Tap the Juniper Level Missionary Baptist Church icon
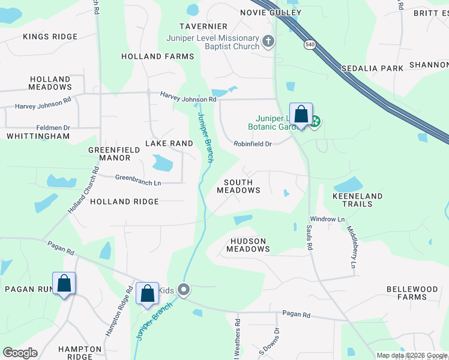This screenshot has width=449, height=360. [268, 41]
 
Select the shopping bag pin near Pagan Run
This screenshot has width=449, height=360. [64, 284]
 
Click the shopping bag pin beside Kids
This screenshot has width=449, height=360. [147, 294]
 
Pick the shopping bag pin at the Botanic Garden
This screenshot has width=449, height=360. [301, 114]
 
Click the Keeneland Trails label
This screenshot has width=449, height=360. [357, 200]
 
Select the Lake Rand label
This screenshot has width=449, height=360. [169, 143]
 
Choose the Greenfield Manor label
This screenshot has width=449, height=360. [109, 154]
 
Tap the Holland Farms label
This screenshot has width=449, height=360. [158, 56]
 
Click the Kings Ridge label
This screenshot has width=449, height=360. [50, 37]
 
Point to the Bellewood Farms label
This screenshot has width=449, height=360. [412, 293]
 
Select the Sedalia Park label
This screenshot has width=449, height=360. [372, 68]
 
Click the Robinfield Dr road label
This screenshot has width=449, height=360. [253, 144]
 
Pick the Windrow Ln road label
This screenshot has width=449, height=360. [327, 220]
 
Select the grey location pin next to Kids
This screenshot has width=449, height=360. [184, 290]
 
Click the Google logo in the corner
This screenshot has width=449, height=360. [20, 353]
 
